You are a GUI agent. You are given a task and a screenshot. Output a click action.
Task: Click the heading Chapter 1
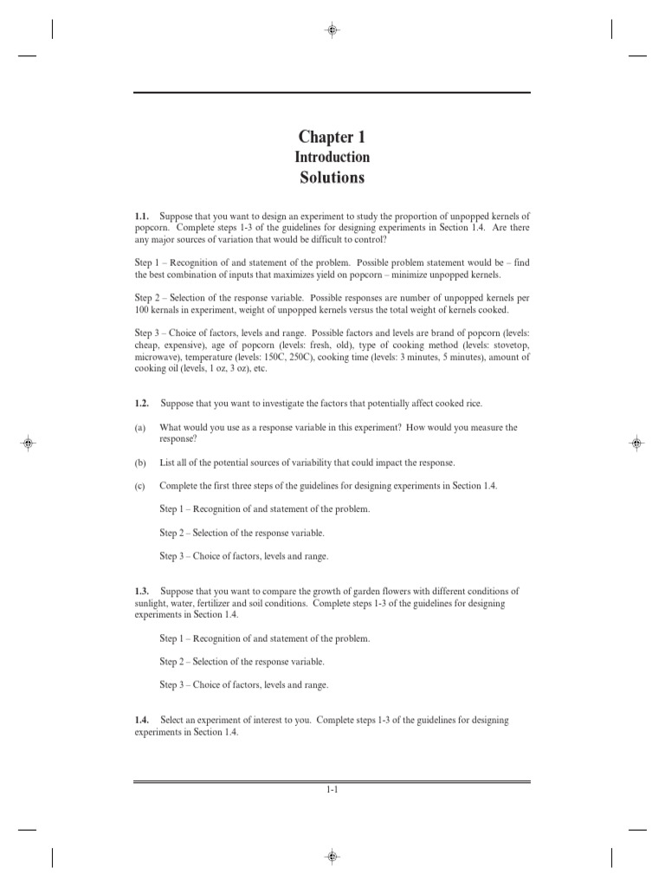point(332,137)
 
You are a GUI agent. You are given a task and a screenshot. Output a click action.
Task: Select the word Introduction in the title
point(332,158)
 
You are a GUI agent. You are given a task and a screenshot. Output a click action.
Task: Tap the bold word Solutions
point(332,178)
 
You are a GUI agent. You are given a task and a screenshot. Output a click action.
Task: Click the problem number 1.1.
point(143,215)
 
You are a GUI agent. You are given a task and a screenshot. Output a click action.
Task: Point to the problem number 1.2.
point(143,404)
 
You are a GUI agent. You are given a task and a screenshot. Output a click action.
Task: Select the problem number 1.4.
point(143,720)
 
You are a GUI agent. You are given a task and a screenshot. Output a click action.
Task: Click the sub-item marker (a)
point(139,427)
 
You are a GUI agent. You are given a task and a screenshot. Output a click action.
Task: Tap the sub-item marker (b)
point(139,463)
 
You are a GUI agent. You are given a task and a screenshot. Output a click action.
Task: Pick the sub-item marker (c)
point(139,485)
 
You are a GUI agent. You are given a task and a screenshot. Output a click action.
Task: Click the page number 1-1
point(332,789)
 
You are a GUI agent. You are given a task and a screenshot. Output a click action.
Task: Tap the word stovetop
point(508,344)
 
